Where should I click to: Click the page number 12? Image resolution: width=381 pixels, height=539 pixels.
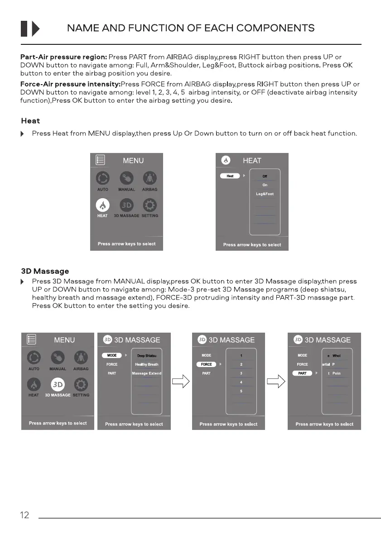coord(24,515)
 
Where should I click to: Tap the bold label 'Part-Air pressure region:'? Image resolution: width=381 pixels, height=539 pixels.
coord(64,57)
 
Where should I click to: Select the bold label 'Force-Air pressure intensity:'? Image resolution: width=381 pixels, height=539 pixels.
coord(71,84)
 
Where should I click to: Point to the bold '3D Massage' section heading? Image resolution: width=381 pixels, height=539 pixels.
coord(45,271)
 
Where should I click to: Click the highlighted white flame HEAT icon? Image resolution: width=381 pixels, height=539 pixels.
coord(102,205)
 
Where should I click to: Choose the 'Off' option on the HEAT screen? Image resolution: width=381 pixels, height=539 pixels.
coord(265,176)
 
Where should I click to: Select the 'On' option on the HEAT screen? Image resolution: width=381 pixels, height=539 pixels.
coord(265,185)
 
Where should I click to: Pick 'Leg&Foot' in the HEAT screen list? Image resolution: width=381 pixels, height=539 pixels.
coord(265,194)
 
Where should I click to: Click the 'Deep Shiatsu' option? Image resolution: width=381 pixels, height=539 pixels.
coord(146,356)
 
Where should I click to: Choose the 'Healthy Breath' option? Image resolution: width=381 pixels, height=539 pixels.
coord(146,364)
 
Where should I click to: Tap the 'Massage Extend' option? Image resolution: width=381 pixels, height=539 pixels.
coord(146,373)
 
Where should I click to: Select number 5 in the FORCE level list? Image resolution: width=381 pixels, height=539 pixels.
coord(241,391)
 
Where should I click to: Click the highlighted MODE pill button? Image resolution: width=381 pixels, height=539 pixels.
coord(112,355)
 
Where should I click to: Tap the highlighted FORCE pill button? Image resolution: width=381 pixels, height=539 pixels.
coord(207,364)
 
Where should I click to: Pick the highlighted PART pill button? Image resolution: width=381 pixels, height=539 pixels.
coord(302,373)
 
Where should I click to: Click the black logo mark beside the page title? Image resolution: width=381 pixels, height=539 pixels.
coord(30,29)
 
